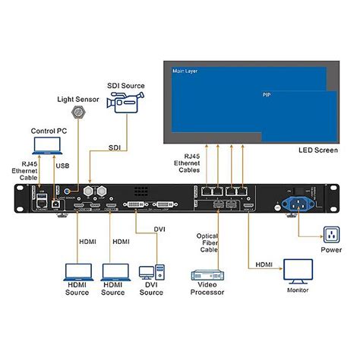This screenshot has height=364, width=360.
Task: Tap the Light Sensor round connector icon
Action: tap(77, 112)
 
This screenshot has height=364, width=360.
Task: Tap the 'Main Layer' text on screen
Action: tap(185, 71)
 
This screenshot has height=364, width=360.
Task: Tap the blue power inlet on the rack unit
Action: tap(298, 203)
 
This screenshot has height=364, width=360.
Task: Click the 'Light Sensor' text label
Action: tap(77, 99)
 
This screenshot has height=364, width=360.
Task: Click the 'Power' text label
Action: tap(332, 248)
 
